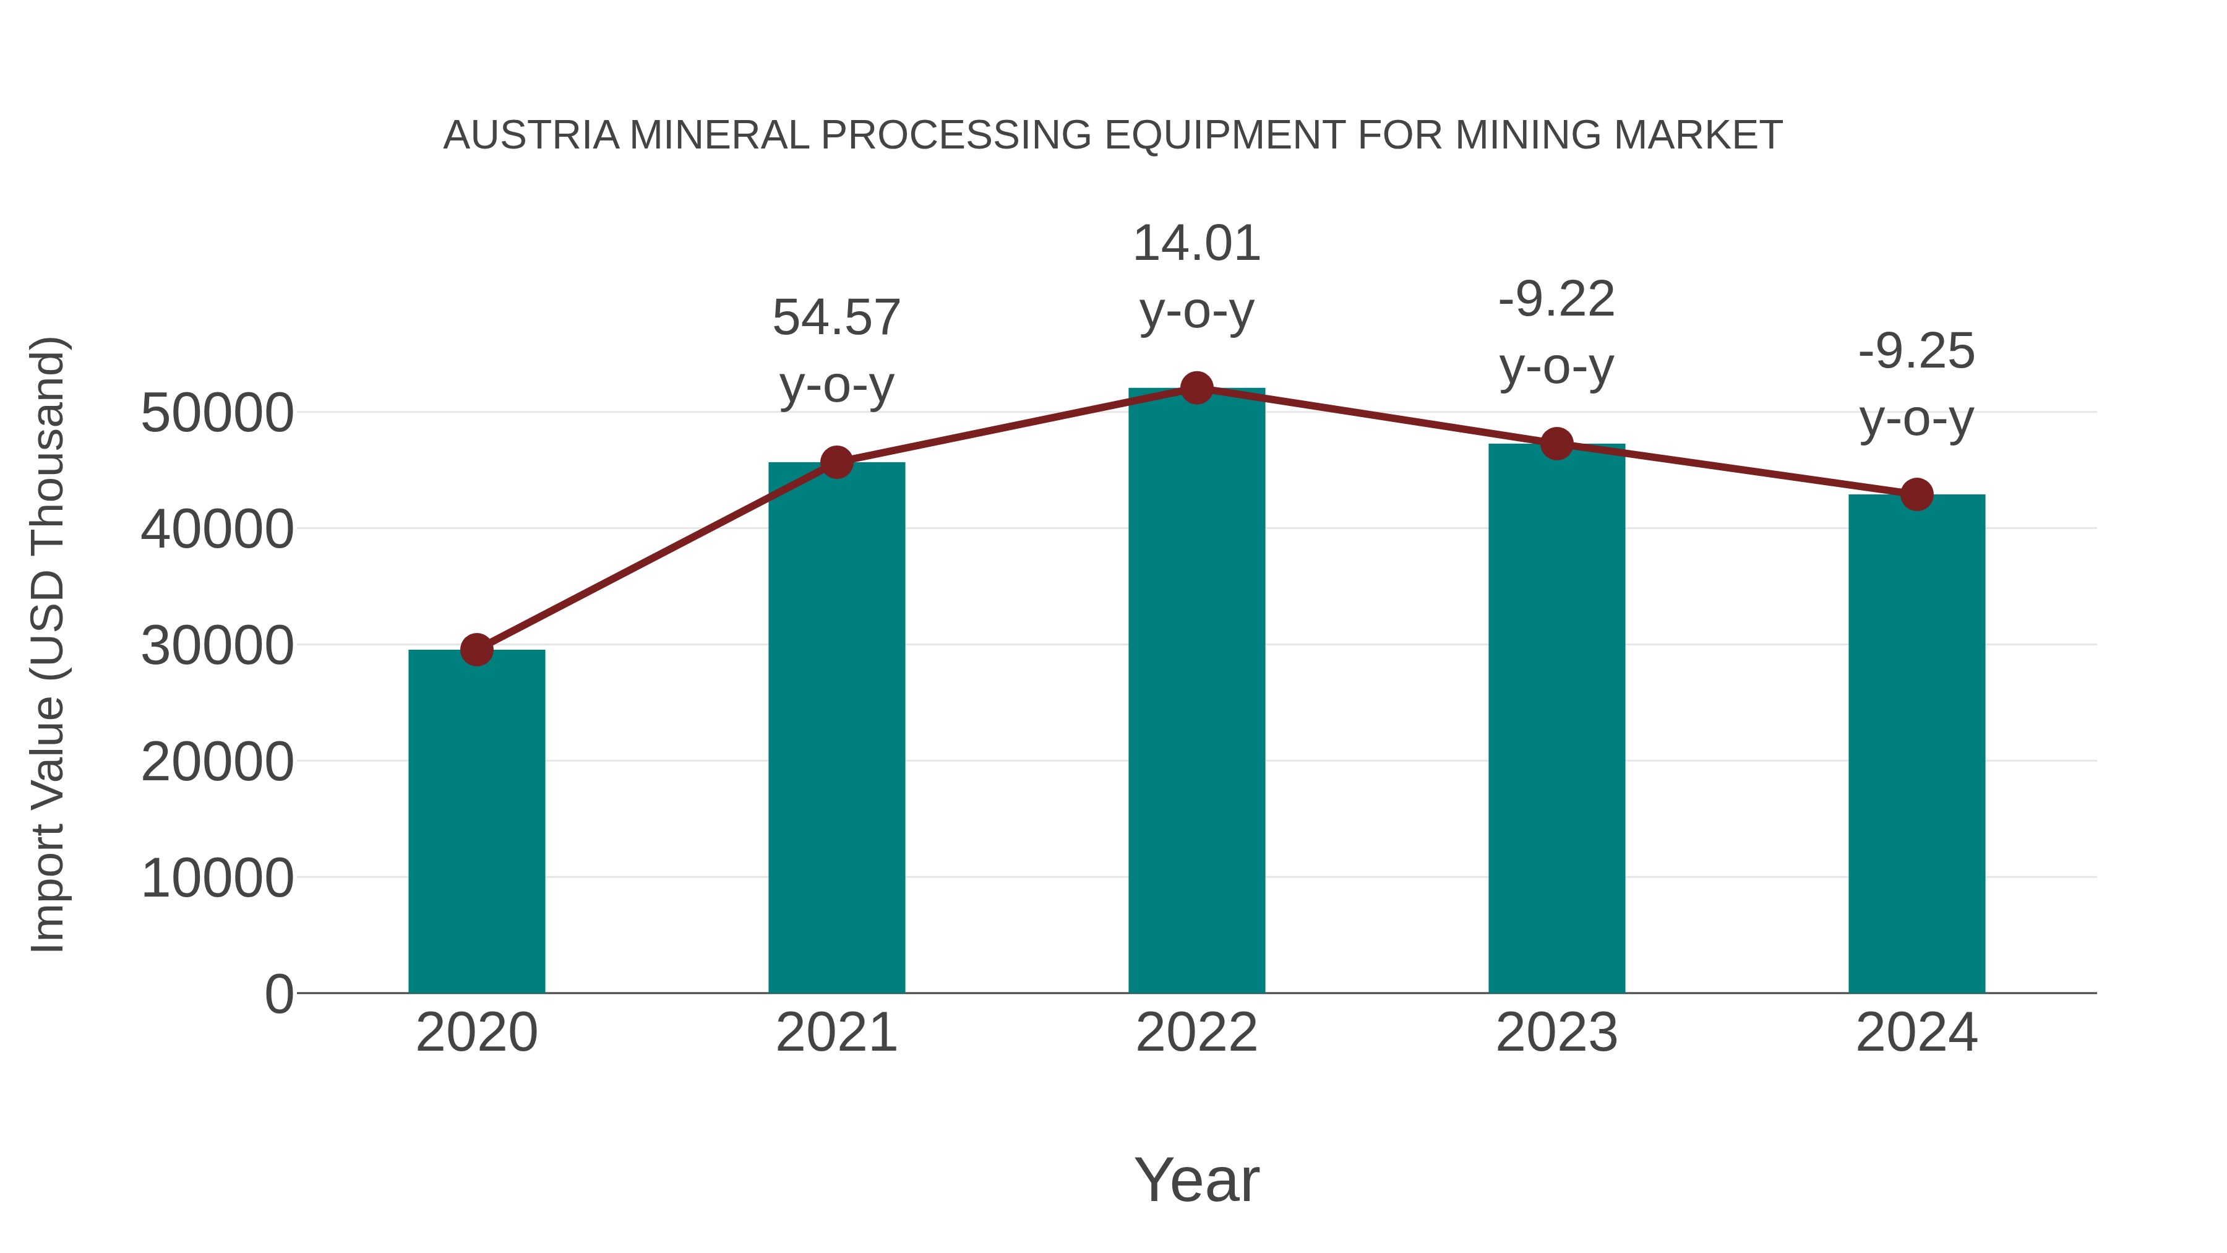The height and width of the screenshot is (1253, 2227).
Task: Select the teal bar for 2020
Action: (476, 822)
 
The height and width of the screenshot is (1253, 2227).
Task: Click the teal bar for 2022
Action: (1196, 692)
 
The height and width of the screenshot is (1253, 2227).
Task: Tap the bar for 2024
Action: (1916, 744)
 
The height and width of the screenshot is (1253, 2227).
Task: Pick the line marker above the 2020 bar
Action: (476, 650)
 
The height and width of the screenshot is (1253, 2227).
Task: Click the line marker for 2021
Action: (837, 463)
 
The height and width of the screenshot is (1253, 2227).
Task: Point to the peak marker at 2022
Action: (1196, 388)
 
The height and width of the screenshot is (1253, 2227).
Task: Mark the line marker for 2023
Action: (1557, 444)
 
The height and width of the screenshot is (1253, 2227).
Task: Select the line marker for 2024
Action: (1916, 494)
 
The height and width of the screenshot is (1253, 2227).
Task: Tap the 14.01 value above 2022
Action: (1196, 243)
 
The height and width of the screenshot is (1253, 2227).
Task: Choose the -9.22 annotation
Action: (1556, 299)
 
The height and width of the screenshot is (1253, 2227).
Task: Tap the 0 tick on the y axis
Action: (278, 994)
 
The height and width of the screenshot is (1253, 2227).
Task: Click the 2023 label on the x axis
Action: (1556, 1033)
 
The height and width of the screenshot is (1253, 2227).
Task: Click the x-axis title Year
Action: (1196, 1179)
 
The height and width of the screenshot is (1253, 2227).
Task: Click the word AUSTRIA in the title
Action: (531, 135)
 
